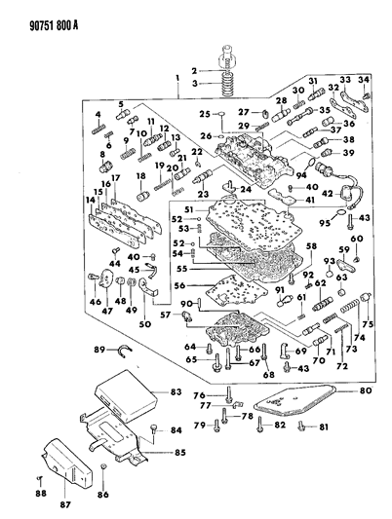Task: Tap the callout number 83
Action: point(176,390)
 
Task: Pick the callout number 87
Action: point(66,506)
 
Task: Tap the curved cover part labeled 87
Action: point(63,477)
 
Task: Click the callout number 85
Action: point(177,451)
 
